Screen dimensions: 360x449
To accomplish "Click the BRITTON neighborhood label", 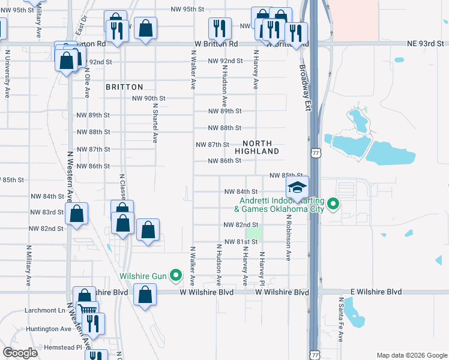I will click(124, 87).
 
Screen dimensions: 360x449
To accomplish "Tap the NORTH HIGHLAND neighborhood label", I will click(261, 148).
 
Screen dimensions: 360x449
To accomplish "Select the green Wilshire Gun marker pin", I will click(176, 275).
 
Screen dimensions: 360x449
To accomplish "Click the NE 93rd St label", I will click(423, 44).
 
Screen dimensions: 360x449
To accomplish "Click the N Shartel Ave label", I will click(154, 122).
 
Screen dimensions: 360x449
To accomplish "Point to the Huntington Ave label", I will click(49, 329).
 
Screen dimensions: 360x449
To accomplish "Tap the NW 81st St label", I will click(241, 242).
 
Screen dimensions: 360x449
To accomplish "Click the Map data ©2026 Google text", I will click(411, 355).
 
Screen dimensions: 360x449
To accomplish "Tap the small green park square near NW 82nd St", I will click(255, 232).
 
